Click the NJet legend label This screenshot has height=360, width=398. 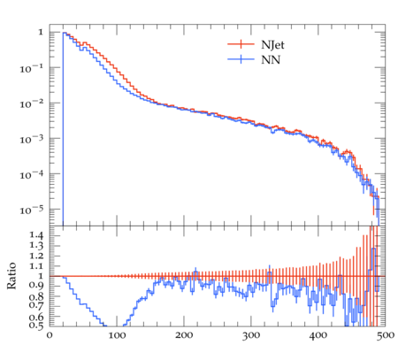[272, 45]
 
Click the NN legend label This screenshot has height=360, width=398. [271, 60]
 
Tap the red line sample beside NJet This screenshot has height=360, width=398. [241, 44]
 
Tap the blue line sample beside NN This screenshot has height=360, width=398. [241, 59]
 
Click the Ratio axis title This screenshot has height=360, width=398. [11, 275]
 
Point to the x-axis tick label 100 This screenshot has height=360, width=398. [117, 335]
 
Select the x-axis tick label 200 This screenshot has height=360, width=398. [184, 335]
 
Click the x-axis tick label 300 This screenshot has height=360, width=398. [251, 335]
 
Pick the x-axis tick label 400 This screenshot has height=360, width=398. [318, 335]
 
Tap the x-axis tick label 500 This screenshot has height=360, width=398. [386, 335]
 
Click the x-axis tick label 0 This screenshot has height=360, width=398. [50, 335]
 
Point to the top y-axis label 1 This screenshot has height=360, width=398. [41, 32]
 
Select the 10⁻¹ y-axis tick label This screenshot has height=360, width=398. [32, 68]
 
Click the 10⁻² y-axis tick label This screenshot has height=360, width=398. [32, 103]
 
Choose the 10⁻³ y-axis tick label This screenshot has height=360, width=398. [32, 139]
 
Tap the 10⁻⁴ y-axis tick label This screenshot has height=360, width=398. [32, 174]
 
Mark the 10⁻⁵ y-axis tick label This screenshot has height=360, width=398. [32, 210]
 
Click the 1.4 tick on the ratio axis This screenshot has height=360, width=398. [36, 235]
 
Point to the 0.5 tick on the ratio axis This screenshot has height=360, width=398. [36, 326]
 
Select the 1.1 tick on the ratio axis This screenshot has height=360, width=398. [36, 266]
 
